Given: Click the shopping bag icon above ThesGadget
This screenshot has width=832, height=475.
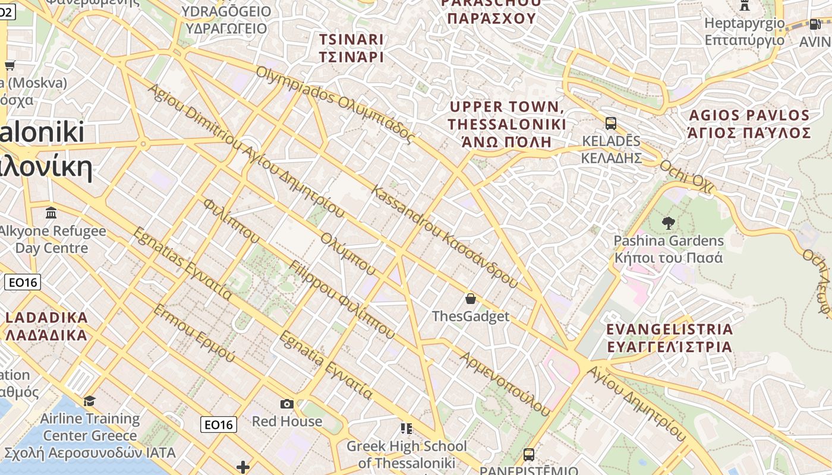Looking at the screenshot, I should click(471, 298).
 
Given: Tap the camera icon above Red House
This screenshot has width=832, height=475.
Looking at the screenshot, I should click(287, 404).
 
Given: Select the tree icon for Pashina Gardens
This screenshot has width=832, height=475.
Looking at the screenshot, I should click(669, 223).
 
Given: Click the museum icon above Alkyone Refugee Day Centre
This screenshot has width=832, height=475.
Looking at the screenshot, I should click(51, 213).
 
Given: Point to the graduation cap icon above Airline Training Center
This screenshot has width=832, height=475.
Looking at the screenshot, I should click(90, 401).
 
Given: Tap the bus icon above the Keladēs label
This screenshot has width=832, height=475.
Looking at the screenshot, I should click(610, 123).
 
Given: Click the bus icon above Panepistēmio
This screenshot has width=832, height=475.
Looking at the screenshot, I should click(528, 455).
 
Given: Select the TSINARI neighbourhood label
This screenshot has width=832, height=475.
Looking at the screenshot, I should click(351, 48).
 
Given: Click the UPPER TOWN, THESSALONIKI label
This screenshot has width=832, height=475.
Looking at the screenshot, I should click(507, 124).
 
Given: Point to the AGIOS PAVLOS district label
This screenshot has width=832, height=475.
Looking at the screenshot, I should click(749, 123).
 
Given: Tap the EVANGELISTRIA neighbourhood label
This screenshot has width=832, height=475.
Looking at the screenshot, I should click(669, 338).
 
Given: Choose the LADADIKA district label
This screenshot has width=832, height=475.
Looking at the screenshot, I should click(46, 326).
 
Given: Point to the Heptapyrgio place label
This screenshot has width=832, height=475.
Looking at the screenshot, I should click(745, 31).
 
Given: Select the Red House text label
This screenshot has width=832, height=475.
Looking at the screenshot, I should click(287, 422).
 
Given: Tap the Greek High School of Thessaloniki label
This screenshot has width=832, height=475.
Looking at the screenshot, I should click(406, 454).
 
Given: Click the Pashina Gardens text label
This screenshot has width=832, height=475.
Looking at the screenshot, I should click(669, 249).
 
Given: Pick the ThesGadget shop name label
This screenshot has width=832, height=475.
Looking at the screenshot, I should click(471, 316).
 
